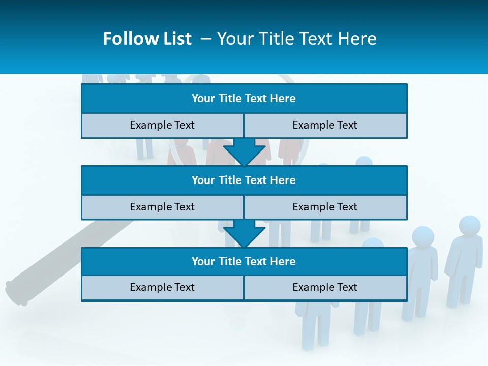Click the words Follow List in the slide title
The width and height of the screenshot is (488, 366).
click(147, 39)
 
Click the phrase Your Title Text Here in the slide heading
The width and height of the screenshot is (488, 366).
click(296, 39)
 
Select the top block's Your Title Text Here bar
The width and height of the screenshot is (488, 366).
click(244, 99)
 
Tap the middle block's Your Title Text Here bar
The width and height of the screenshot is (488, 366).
click(244, 180)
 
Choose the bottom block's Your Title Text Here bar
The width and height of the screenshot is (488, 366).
click(244, 261)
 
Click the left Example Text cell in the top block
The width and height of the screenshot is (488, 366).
click(162, 125)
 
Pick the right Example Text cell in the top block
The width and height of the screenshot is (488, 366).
click(325, 125)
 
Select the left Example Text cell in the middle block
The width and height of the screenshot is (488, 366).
click(162, 207)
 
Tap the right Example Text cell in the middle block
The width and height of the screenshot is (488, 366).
click(325, 207)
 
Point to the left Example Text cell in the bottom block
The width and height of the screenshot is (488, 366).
click(162, 287)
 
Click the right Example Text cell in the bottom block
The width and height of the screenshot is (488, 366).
click(325, 287)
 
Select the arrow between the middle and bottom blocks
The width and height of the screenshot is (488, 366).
click(244, 233)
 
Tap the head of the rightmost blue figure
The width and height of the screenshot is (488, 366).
click(469, 226)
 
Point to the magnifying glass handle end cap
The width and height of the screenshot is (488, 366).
click(15, 293)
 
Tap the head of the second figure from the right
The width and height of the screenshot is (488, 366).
click(422, 236)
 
